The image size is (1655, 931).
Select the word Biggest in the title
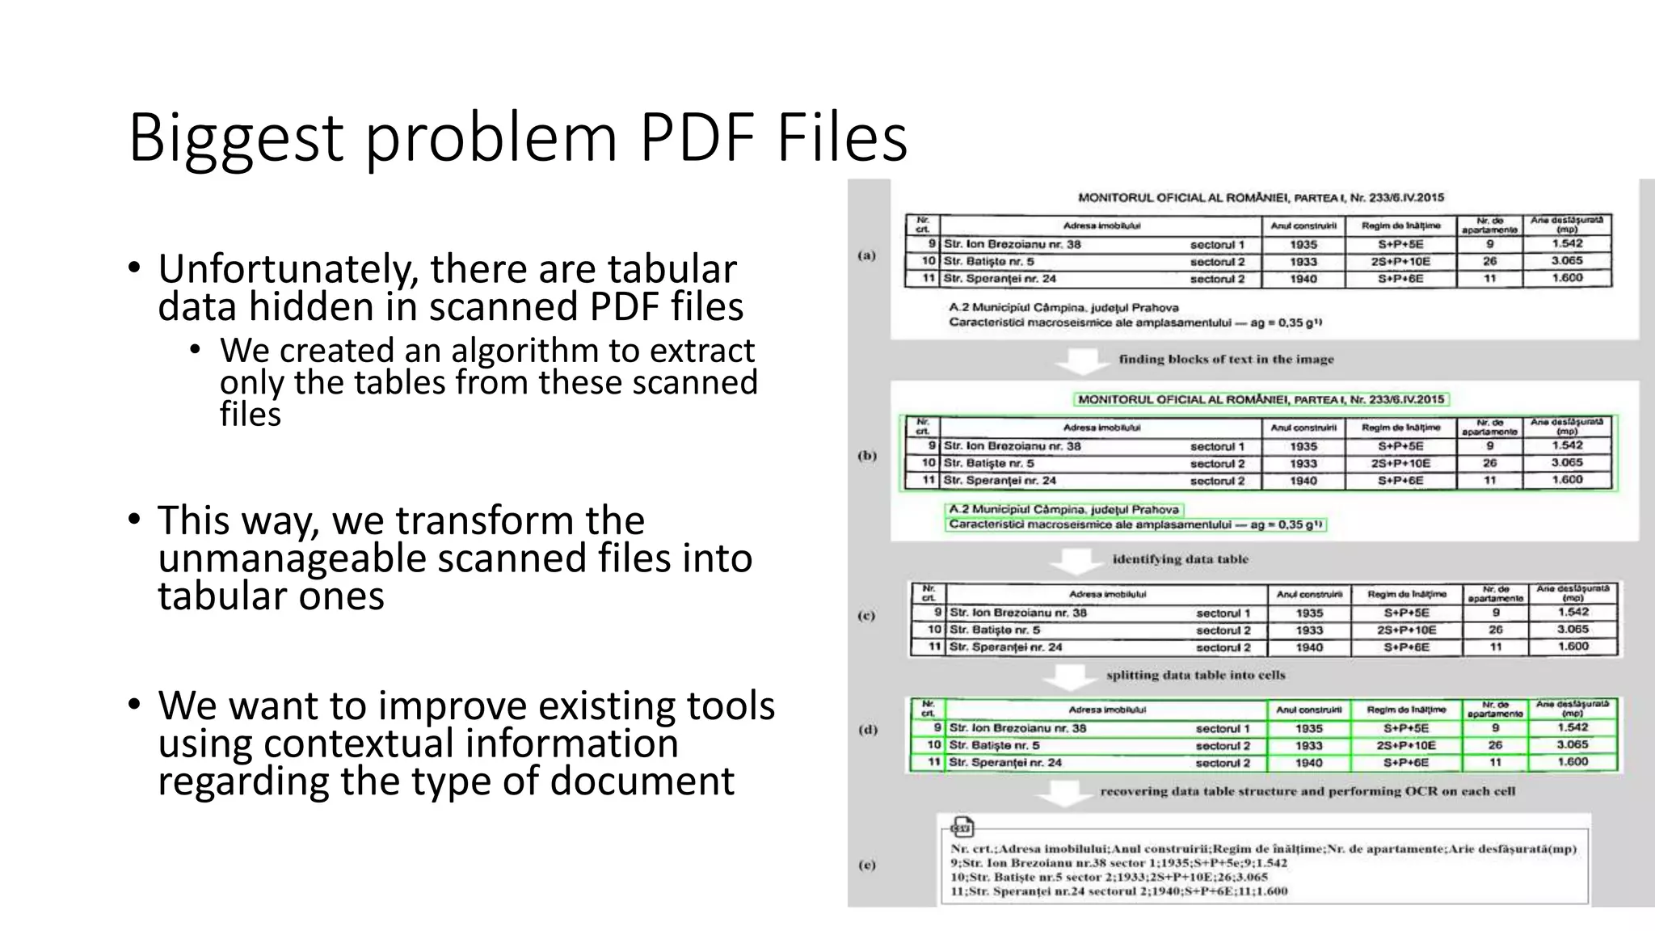(235, 139)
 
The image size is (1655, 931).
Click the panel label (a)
(866, 255)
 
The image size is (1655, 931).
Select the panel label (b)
(866, 456)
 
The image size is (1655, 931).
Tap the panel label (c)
(866, 616)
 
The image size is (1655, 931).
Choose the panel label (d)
(867, 730)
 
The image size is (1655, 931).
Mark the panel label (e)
(866, 865)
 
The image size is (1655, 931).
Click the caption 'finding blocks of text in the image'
(1226, 359)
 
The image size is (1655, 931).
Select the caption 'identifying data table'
(1180, 558)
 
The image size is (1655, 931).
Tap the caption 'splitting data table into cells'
(1195, 675)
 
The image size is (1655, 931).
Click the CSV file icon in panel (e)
(962, 827)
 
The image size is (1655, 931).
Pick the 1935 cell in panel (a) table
(1303, 244)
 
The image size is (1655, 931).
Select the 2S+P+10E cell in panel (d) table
(1406, 745)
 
